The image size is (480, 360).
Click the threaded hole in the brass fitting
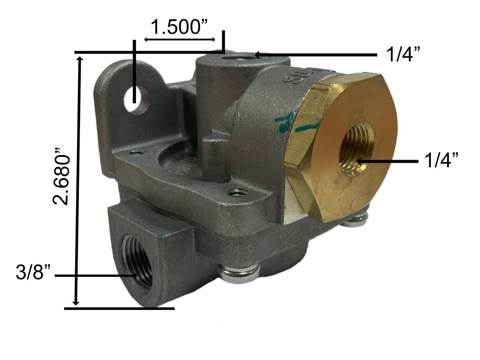coord(356,149)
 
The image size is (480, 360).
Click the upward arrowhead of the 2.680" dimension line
coord(80,59)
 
